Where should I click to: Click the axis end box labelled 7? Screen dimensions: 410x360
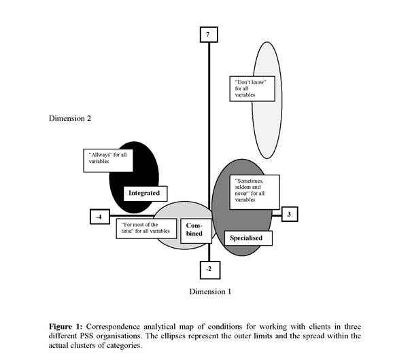point(209,34)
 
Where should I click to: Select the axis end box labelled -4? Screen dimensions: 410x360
point(100,217)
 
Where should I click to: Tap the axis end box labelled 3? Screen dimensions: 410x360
point(290,214)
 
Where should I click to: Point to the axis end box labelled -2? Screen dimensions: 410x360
point(210,270)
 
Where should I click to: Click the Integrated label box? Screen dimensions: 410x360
point(145,194)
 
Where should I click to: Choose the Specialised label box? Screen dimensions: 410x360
point(248,238)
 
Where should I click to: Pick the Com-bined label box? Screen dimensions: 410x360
point(196,231)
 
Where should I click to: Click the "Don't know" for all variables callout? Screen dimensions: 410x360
point(252,88)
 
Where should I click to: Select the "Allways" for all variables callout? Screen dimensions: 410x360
point(108,160)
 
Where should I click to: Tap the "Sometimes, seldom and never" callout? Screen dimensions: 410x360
point(254,192)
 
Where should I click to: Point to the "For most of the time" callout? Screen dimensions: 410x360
point(146,229)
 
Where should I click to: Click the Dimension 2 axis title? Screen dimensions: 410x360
point(70,118)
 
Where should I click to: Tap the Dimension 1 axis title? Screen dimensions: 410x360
point(210,291)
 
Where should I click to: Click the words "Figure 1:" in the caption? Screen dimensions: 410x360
point(66,327)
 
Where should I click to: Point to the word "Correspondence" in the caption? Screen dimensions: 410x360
point(113,327)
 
